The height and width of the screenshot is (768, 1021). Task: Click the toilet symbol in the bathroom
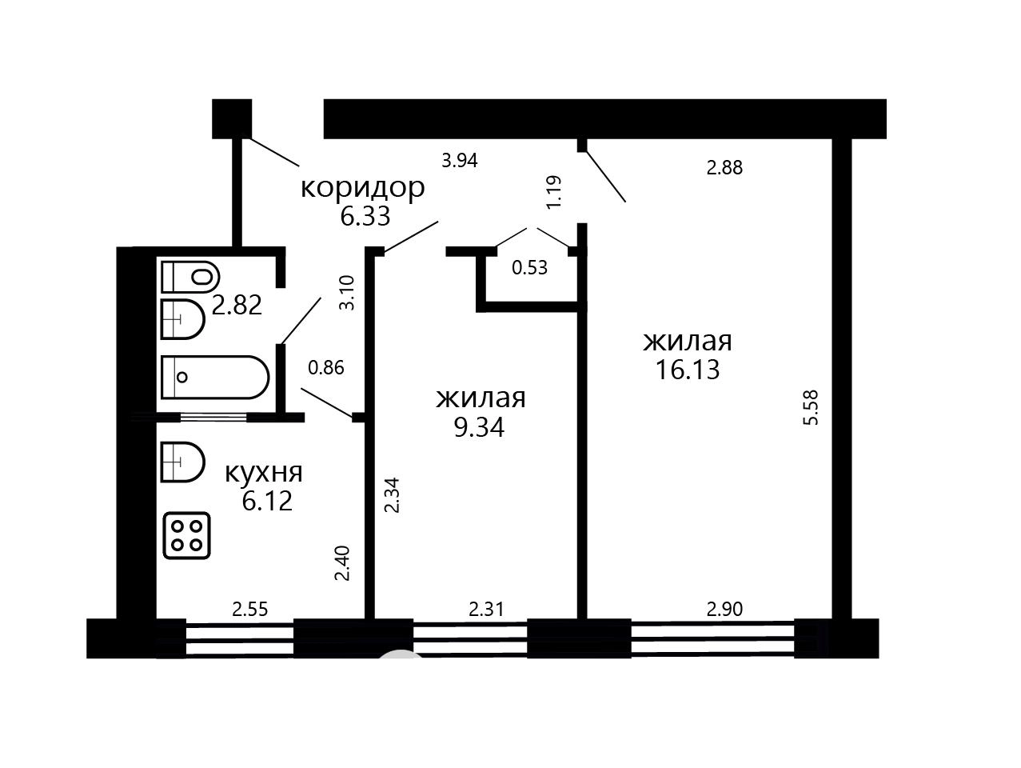[x=191, y=277]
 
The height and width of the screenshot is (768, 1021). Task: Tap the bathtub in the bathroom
[x=215, y=377]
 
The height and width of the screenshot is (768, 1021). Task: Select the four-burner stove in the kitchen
[x=186, y=535]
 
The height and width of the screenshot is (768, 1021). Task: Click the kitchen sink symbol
[x=183, y=462]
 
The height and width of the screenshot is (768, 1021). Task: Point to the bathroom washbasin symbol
[x=183, y=319]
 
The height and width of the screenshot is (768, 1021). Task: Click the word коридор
[x=363, y=189]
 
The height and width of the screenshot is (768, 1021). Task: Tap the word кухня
[x=264, y=473]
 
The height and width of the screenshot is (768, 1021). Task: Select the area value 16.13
[x=688, y=370]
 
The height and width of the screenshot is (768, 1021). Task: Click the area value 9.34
[x=479, y=428]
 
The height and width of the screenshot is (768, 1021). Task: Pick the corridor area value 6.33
[x=365, y=217]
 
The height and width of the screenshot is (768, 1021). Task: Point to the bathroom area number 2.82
[x=237, y=306]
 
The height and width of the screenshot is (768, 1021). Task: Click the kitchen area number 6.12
[x=267, y=502]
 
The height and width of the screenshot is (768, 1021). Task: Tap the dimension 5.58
[x=811, y=407]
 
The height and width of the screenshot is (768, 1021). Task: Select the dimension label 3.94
[x=460, y=161]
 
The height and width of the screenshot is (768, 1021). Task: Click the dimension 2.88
[x=724, y=167]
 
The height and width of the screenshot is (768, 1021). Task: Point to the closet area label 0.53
[x=530, y=268]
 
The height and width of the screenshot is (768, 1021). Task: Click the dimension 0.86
[x=326, y=368]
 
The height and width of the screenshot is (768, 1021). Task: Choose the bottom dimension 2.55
[x=250, y=610]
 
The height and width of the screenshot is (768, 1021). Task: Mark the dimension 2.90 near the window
[x=724, y=610]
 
